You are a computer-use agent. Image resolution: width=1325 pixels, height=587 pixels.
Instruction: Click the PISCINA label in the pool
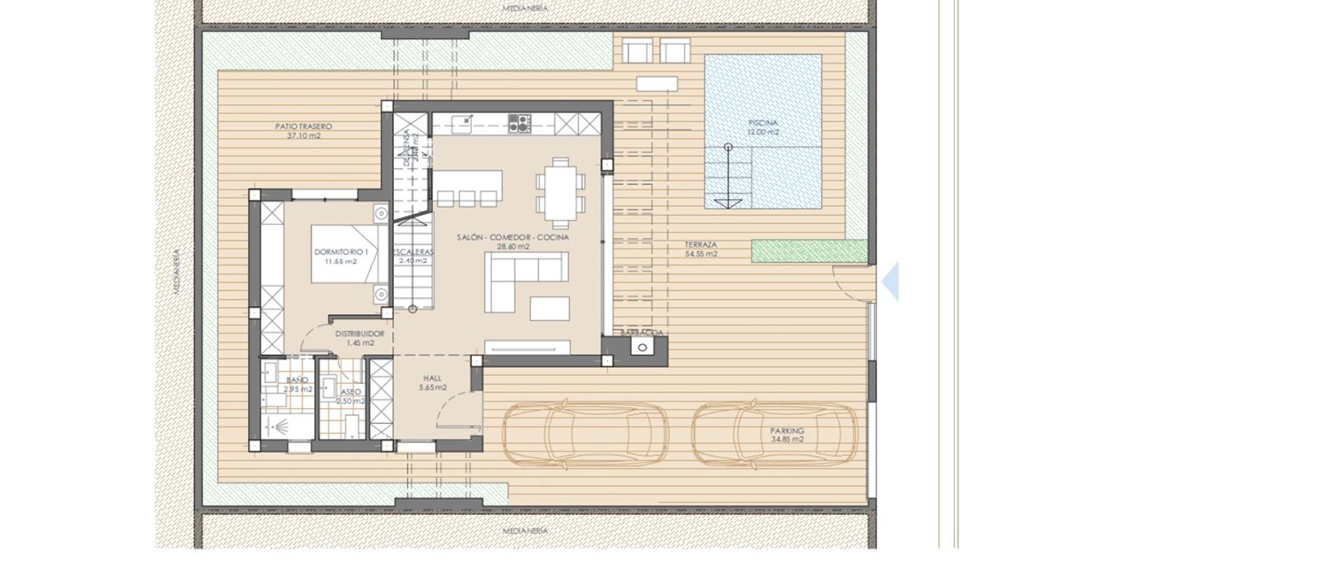click(763, 123)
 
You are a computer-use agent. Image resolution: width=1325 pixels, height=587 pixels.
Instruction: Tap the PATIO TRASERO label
click(303, 127)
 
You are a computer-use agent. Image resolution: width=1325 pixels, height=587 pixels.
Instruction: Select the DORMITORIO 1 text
click(341, 252)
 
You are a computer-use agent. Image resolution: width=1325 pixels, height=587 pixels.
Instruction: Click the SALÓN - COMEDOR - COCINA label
click(513, 238)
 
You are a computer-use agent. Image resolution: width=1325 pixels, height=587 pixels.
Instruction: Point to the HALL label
click(432, 378)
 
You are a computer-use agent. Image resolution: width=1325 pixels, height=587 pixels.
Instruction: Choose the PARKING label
click(787, 431)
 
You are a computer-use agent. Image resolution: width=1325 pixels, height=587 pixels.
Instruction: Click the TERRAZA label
click(700, 245)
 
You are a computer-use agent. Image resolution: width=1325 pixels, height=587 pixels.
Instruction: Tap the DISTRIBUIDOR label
click(360, 334)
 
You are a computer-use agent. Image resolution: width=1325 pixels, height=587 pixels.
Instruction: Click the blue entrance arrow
click(891, 281)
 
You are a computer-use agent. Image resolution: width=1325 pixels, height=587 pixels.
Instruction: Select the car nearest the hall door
click(585, 434)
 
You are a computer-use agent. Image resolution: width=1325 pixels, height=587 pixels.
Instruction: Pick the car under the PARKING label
click(774, 434)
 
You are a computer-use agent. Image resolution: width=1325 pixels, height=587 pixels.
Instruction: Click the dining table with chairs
click(560, 193)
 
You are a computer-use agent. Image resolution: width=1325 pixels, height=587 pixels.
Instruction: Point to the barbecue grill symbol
click(642, 347)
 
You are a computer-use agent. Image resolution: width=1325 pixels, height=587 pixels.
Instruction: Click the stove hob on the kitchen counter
click(520, 124)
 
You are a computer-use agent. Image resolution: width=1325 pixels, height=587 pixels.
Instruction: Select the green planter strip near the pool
click(809, 251)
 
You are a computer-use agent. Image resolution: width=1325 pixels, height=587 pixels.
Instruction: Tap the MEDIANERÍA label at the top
click(525, 8)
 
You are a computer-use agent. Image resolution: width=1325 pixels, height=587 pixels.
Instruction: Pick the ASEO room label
click(351, 392)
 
